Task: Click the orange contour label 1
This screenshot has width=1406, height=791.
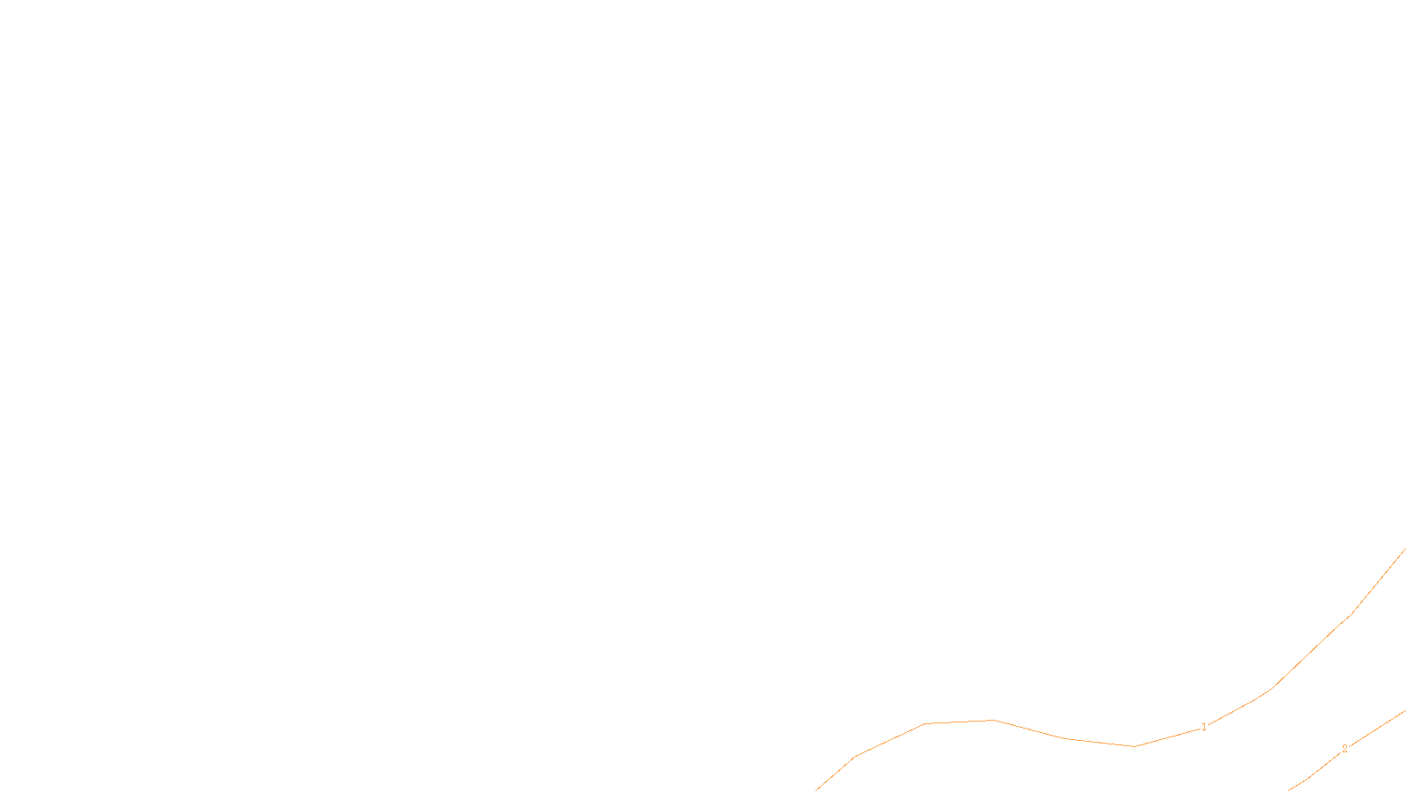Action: click(1204, 727)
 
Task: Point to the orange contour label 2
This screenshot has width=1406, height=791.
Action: click(1344, 749)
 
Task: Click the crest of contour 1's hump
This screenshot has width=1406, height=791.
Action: click(993, 720)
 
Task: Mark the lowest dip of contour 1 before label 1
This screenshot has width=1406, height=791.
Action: click(1134, 746)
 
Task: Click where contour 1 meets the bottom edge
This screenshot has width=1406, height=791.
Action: click(816, 789)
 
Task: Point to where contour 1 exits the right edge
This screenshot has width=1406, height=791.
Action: click(1404, 549)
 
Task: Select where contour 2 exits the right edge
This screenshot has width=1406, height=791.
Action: click(1404, 711)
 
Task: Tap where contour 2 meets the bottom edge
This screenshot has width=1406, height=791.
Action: click(1290, 789)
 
